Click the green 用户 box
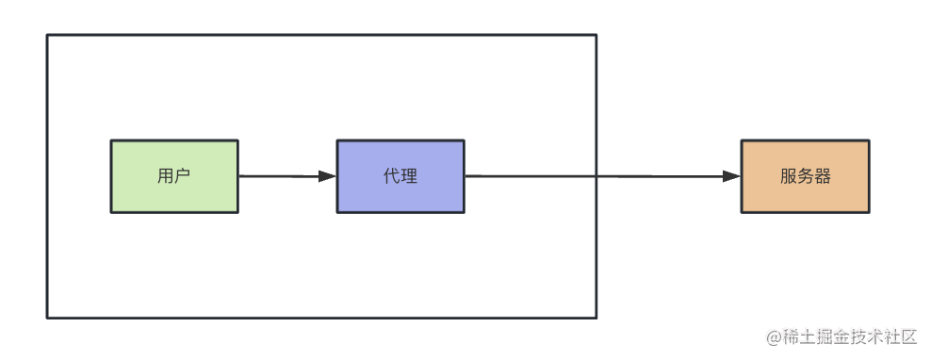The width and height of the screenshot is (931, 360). point(174,176)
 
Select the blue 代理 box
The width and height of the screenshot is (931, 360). point(400,176)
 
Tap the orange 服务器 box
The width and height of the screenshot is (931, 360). point(805,176)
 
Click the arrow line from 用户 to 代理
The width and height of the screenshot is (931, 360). point(278,176)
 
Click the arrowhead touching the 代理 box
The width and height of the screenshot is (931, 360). point(328,176)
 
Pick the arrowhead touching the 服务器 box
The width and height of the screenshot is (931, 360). point(731,176)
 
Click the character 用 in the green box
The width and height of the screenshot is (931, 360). point(166,176)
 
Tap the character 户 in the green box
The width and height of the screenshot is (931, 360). point(183,176)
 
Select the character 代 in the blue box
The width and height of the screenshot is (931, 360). point(392,176)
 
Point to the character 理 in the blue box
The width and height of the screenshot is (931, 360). point(409,176)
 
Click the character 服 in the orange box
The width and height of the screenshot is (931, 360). point(789,176)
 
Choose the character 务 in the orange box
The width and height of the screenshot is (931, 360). point(806,176)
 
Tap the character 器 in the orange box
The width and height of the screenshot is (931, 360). point(823,176)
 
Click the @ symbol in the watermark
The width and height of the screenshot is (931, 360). point(774,337)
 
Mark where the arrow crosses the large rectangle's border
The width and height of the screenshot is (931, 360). point(596,176)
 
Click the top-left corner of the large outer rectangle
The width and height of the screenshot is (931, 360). point(47,35)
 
